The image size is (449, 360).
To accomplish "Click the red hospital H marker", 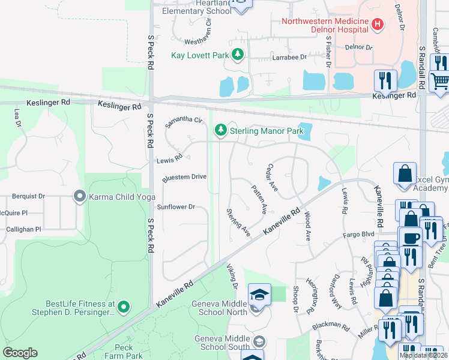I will [377, 25].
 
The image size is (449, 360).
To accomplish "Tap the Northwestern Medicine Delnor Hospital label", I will [325, 25].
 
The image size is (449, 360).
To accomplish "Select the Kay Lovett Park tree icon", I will [238, 55].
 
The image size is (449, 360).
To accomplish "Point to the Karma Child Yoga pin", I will [79, 196].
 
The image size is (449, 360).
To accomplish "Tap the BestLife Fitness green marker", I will [124, 308].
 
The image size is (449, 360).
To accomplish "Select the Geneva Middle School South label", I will [222, 343].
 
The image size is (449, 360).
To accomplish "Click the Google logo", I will [20, 353].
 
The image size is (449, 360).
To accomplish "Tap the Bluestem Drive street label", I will [184, 177].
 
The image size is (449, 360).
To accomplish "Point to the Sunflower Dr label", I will [176, 206].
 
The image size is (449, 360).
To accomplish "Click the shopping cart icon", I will [440, 81].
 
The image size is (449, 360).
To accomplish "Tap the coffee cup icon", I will [412, 237].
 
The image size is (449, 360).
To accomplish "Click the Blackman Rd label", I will [331, 328].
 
